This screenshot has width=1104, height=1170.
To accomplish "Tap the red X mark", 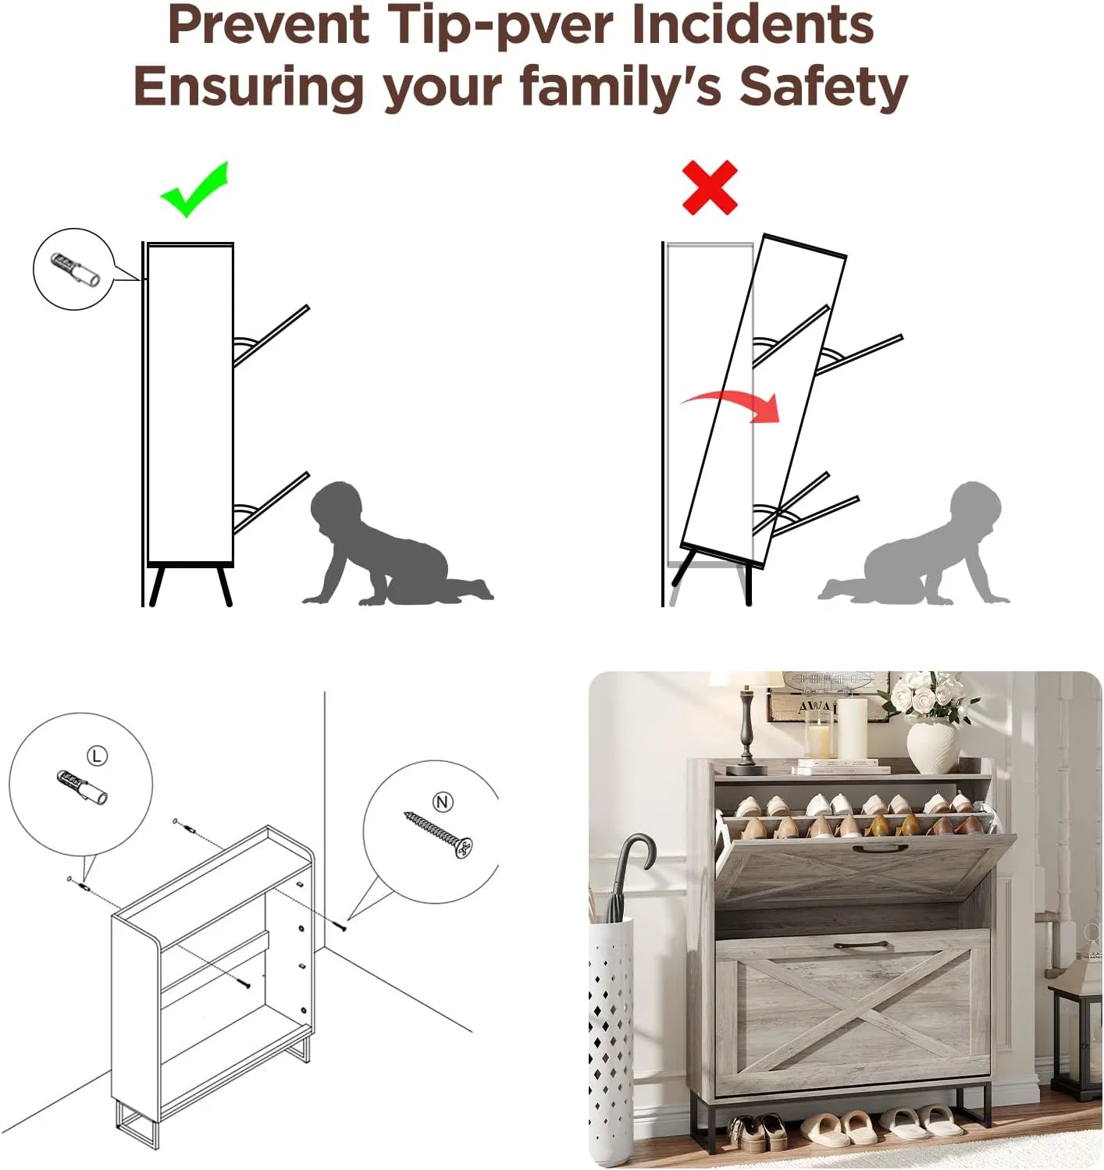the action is tap(710, 187).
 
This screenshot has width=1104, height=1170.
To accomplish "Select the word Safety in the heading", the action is tap(823, 86).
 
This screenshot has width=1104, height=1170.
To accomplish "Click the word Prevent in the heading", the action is tap(268, 25).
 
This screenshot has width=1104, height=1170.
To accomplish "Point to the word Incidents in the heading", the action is tap(754, 25).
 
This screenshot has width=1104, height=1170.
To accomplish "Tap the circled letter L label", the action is tap(98, 756).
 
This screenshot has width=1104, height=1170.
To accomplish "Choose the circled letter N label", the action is tap(442, 802).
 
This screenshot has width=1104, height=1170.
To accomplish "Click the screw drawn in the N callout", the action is tap(438, 835).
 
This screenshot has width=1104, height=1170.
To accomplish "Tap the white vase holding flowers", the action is tap(935, 746).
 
